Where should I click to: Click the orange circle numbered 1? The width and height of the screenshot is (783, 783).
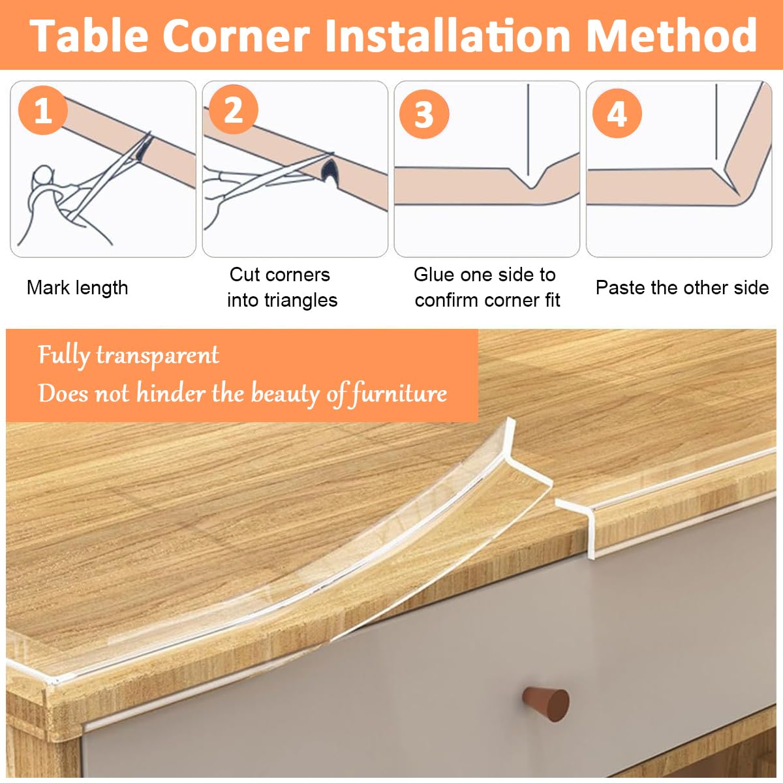(x=42, y=110)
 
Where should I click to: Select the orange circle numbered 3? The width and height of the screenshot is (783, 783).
(x=424, y=114)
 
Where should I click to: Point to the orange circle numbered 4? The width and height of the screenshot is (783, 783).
(x=617, y=114)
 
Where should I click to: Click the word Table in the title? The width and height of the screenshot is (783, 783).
(x=91, y=35)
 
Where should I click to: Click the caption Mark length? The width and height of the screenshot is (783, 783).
(x=77, y=288)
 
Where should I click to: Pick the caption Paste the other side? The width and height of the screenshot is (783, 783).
(x=682, y=288)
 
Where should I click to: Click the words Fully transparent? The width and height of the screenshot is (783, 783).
(x=128, y=356)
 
